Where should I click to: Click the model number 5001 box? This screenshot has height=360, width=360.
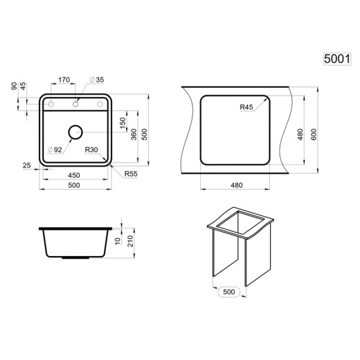337,59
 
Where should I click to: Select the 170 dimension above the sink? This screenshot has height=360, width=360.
64,80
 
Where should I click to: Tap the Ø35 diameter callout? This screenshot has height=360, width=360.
97,80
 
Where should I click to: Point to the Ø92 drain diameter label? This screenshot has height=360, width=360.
55,150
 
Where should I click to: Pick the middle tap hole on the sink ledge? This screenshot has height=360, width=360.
75,105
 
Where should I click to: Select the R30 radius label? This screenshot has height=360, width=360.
91,150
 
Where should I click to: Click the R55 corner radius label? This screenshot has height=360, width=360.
131,174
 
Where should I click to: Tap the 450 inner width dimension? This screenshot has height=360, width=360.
74,175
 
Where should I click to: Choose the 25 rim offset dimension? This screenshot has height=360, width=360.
27,165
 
